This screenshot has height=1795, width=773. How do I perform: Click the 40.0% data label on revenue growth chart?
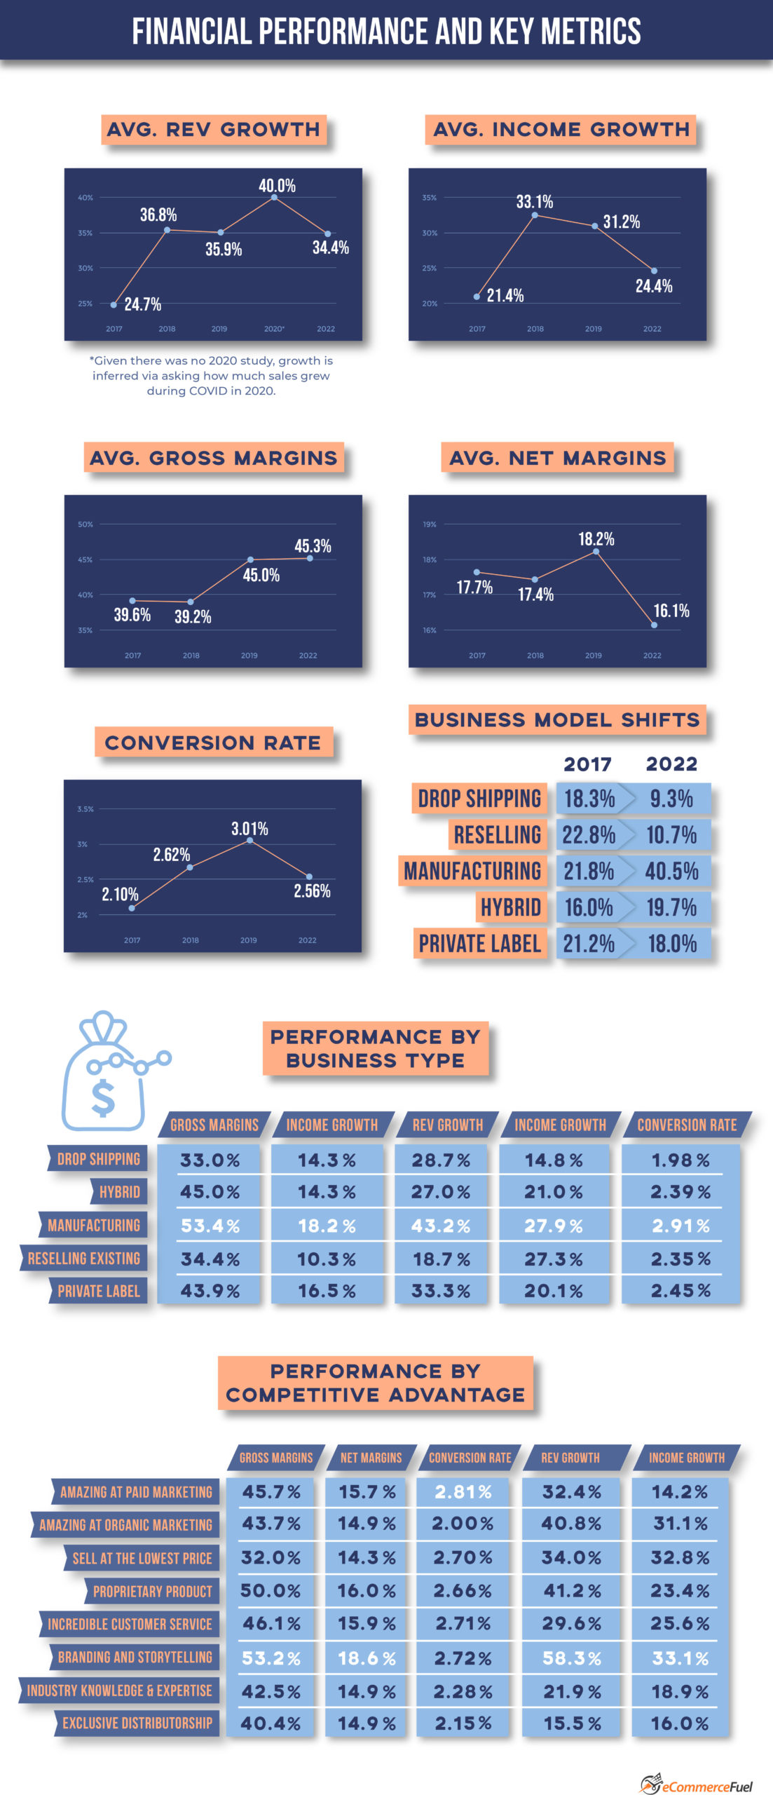click(277, 186)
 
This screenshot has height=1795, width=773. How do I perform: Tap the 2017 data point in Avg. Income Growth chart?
click(477, 297)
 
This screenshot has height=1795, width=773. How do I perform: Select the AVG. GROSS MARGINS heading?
click(214, 458)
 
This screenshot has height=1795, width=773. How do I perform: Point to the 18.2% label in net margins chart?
click(596, 539)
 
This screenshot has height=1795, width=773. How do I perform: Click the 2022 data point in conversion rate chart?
click(309, 876)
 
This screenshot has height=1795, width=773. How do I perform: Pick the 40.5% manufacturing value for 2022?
click(671, 872)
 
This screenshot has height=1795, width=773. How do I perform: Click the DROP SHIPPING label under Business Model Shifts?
click(479, 799)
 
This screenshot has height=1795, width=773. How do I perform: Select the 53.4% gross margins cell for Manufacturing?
click(210, 1226)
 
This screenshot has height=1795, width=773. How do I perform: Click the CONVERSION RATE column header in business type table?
click(687, 1125)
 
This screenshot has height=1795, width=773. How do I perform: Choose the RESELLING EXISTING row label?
click(84, 1258)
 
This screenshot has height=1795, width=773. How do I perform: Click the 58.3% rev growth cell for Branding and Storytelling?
click(571, 1658)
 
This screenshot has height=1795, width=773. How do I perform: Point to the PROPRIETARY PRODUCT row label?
click(152, 1591)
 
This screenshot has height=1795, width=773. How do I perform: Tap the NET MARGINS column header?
click(371, 1458)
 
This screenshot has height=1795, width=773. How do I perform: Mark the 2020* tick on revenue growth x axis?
click(274, 329)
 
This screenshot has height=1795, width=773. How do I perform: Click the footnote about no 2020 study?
click(211, 375)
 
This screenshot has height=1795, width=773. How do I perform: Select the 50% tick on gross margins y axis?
click(85, 524)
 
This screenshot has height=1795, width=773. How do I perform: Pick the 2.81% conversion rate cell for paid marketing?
click(463, 1491)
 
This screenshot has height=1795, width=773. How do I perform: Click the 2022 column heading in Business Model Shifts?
click(671, 764)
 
